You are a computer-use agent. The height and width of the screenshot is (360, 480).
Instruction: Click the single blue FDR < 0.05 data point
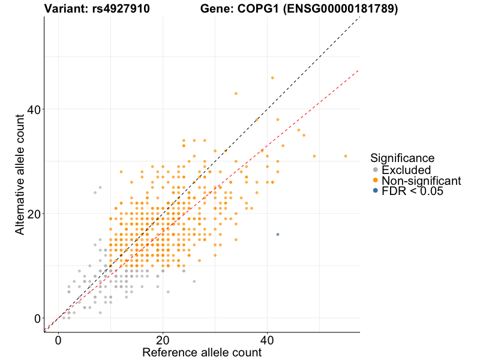[277, 234]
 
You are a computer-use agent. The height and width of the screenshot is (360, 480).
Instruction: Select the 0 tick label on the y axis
[37, 318]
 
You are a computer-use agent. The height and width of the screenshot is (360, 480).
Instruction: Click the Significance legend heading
[402, 158]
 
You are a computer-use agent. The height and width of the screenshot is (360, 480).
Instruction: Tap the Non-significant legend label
[421, 181]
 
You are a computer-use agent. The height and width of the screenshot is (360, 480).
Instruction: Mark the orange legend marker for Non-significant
[376, 181]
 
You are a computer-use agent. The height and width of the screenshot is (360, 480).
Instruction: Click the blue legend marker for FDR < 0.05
[376, 191]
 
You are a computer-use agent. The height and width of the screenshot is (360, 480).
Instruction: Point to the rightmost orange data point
[346, 156]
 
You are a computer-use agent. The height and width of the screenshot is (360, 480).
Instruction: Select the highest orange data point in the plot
[272, 77]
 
